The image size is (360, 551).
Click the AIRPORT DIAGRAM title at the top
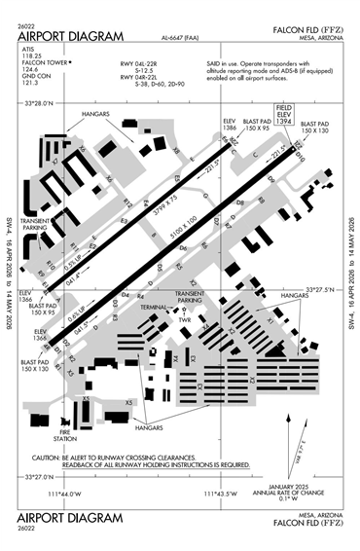[x=71, y=36]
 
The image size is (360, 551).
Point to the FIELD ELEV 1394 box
[x=284, y=114]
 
